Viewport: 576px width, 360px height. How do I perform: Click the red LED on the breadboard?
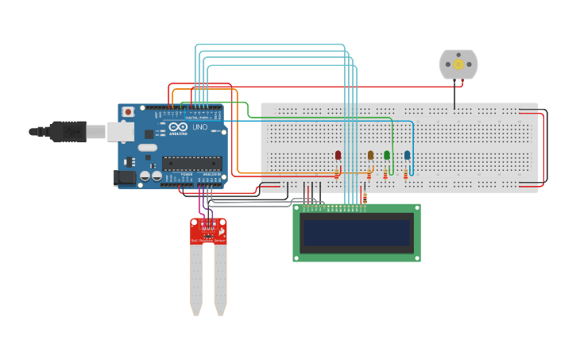(x=338, y=155)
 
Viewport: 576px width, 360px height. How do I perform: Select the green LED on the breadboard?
(x=387, y=155)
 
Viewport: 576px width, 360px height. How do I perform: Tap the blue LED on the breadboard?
(x=407, y=155)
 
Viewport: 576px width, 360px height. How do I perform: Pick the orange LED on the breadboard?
(x=370, y=155)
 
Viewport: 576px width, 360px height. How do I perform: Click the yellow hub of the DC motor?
(x=458, y=64)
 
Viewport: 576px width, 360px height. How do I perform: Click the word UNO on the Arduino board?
(x=199, y=127)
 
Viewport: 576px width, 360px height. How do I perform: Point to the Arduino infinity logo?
(x=178, y=127)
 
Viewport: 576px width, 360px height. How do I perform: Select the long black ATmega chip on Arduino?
(x=191, y=164)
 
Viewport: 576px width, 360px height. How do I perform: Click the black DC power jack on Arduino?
(x=125, y=178)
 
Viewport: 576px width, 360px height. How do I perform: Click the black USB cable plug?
(x=67, y=131)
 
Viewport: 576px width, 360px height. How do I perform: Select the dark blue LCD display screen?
(x=356, y=233)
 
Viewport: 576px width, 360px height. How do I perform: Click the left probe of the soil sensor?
(x=196, y=278)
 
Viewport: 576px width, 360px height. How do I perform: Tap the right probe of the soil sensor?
(x=220, y=278)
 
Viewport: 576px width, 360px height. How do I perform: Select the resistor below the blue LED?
(x=405, y=173)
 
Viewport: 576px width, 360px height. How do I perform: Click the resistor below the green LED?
(x=385, y=173)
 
